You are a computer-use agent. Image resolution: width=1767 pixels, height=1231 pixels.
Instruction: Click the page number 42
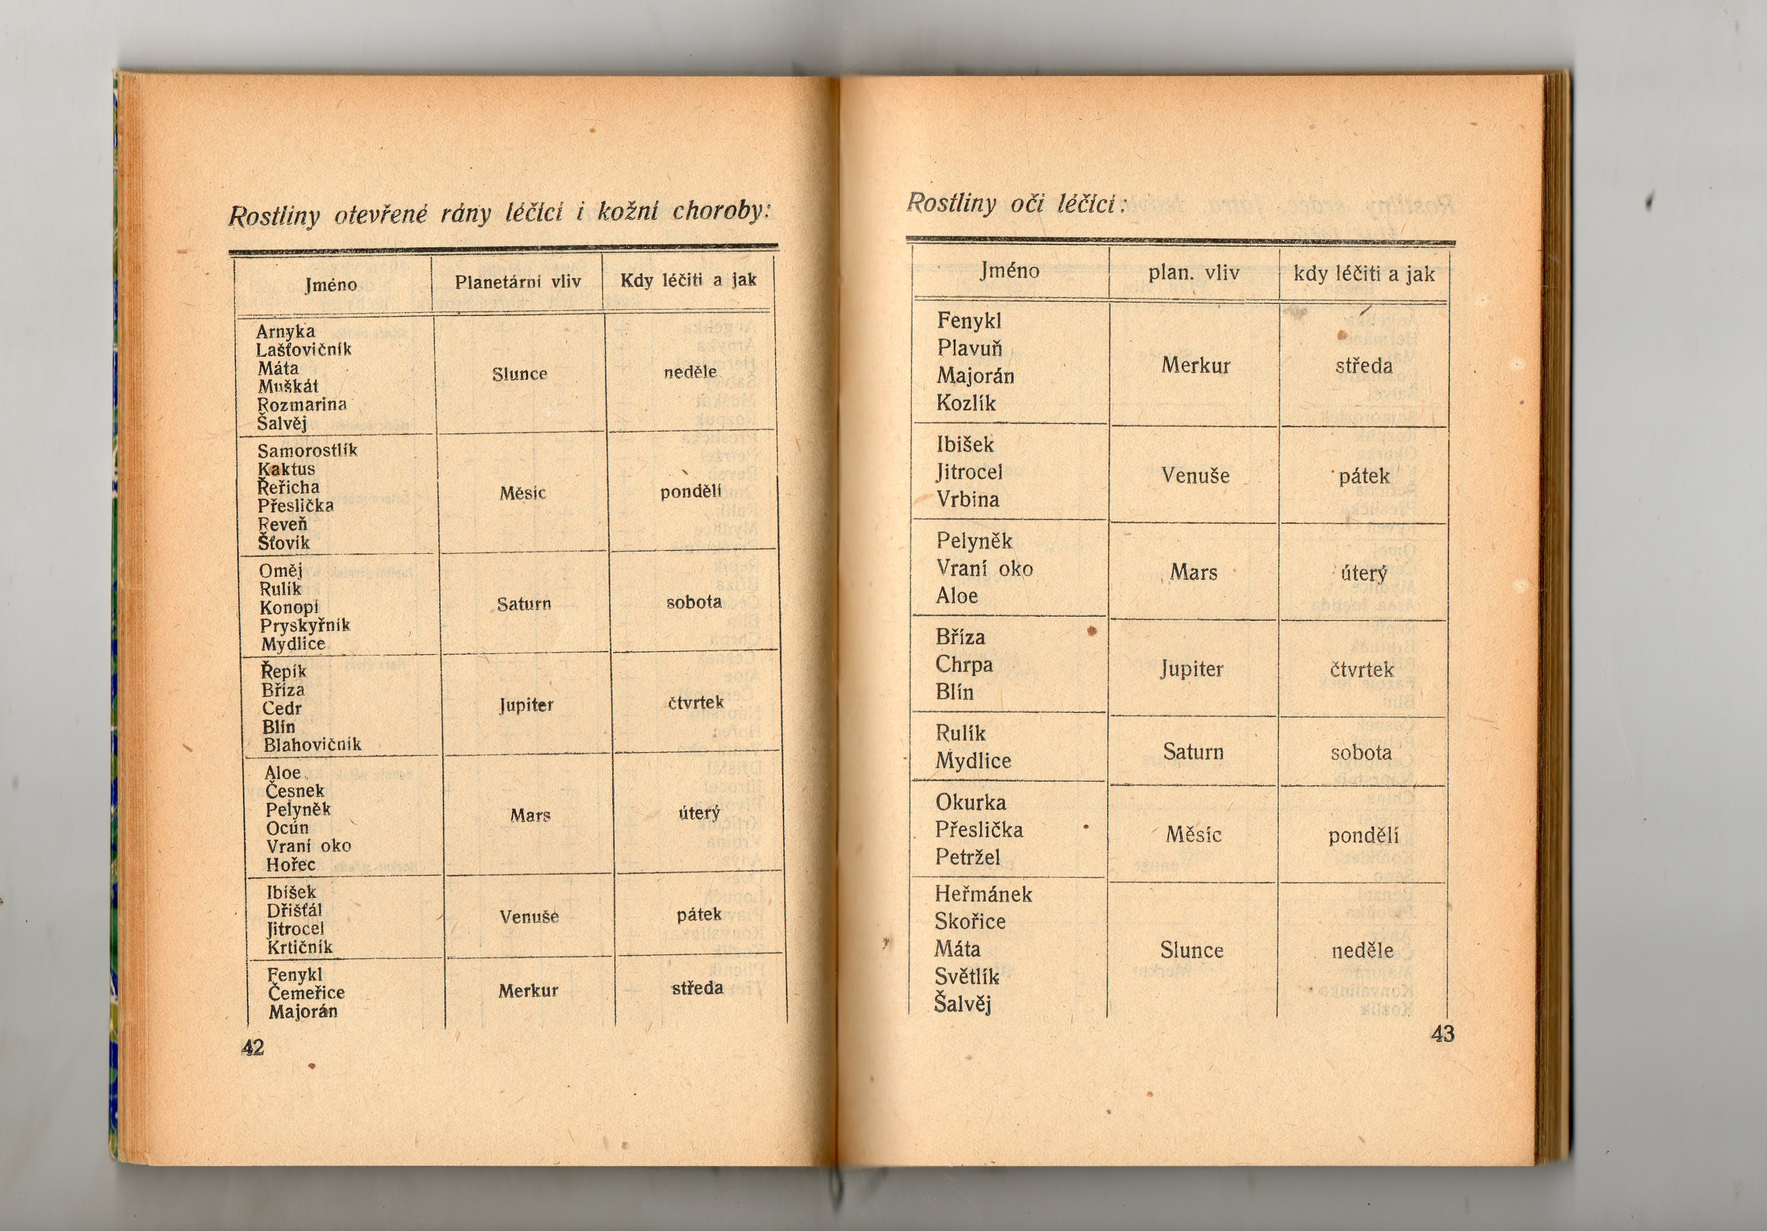click(253, 1047)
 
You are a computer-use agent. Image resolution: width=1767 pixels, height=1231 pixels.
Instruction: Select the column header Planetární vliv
click(517, 282)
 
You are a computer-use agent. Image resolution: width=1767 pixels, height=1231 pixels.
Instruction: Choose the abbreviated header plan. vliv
click(1194, 272)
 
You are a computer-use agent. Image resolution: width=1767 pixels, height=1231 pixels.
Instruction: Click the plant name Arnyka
click(286, 331)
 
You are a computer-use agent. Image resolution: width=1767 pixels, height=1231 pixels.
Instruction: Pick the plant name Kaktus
click(286, 469)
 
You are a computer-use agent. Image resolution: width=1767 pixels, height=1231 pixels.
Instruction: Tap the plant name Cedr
click(282, 709)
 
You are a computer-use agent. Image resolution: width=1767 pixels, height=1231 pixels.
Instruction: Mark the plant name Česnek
click(295, 791)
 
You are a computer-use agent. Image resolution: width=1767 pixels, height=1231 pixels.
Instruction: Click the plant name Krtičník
click(299, 947)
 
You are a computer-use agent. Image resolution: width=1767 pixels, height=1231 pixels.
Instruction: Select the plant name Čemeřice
click(306, 993)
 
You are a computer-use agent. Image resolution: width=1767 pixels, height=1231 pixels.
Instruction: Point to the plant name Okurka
click(970, 802)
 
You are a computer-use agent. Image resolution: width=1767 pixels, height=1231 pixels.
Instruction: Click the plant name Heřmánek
click(983, 894)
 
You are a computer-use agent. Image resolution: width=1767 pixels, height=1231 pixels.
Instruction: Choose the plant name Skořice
click(970, 921)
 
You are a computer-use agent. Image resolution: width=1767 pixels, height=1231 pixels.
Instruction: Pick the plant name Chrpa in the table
click(964, 665)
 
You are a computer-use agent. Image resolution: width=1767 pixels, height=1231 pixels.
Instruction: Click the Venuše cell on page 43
click(1195, 476)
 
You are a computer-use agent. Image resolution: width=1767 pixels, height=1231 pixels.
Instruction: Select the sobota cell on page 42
click(693, 602)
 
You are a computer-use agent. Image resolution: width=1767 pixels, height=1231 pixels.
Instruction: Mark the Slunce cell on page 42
click(519, 374)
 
